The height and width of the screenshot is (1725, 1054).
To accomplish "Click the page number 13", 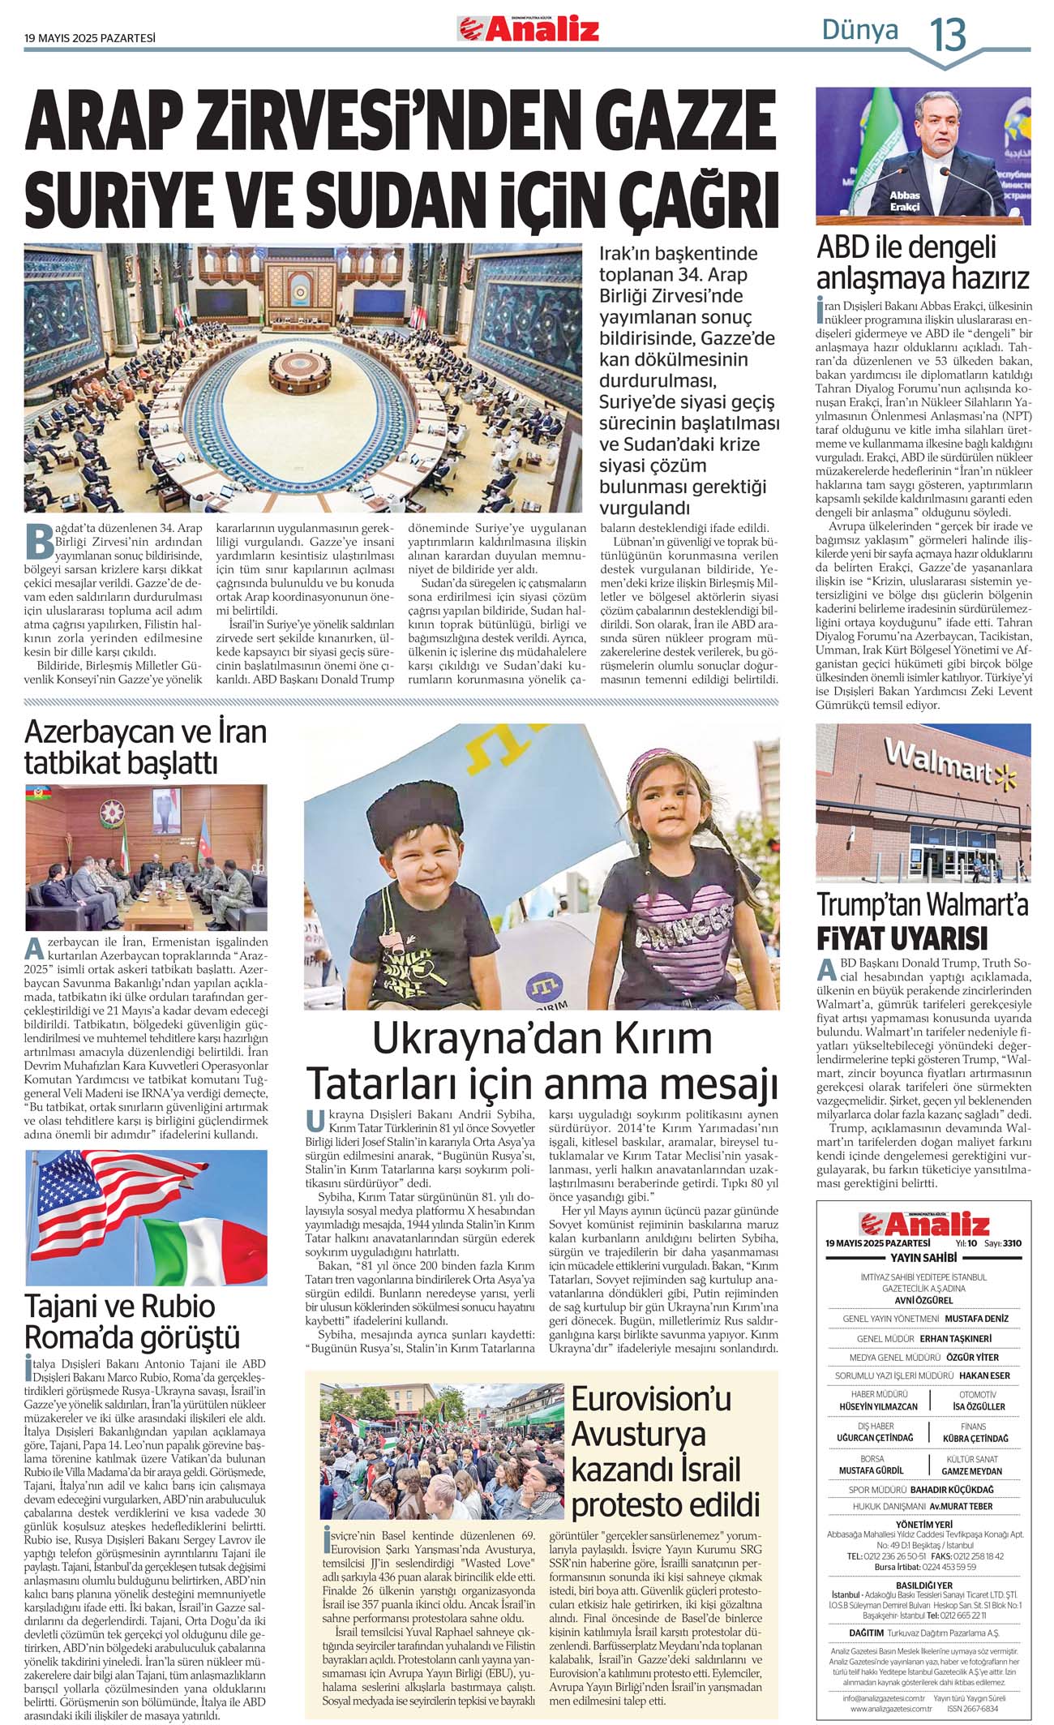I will (947, 35).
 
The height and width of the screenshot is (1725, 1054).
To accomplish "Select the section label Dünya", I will (860, 31).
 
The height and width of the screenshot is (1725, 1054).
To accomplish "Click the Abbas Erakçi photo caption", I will (904, 201).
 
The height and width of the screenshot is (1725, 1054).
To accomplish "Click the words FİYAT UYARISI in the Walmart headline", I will (902, 939).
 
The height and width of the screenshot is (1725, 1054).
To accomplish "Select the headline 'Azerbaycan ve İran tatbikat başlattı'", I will (146, 747).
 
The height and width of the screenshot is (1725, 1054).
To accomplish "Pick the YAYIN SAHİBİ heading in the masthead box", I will (923, 1258).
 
